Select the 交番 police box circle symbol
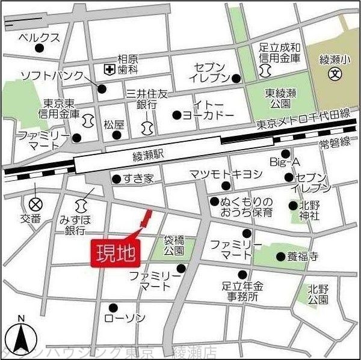point(35,203)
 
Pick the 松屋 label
point(113,124)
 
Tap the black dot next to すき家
point(116,178)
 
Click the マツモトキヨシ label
point(226,174)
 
